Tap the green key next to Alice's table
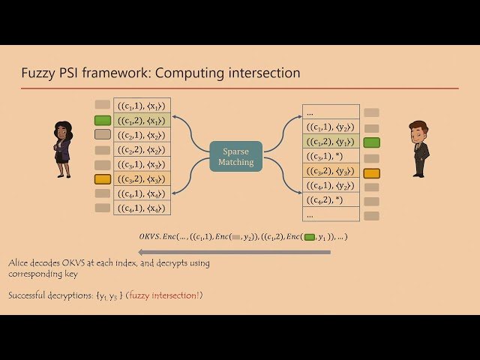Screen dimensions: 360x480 103,120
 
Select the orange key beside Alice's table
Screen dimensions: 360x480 103,179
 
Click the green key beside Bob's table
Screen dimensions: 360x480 371,142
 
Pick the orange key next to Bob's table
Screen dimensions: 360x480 371,173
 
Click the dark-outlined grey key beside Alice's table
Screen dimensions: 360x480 103,135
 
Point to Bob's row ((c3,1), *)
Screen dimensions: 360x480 329,156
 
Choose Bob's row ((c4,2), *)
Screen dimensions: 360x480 329,199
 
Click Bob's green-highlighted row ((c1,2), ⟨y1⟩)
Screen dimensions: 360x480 329,142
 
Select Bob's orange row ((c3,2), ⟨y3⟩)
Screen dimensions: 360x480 329,171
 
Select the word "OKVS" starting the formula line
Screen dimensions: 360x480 150,237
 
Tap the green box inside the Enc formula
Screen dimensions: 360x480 310,237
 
